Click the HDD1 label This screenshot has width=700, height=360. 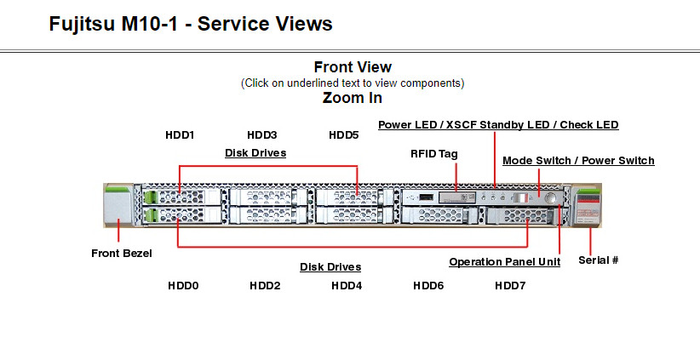point(180,134)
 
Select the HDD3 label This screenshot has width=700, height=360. point(262,134)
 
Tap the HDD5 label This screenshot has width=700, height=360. point(344,134)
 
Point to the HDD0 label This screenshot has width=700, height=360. point(183,285)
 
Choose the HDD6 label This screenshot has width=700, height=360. point(428,285)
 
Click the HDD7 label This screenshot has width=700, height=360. point(510,285)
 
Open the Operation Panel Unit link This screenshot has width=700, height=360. point(504,262)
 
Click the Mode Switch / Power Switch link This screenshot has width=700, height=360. point(578,161)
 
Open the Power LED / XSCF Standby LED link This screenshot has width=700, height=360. point(498,125)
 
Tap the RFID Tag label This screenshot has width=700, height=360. point(434,154)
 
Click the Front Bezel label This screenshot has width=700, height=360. point(122,254)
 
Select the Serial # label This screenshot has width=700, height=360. point(598,260)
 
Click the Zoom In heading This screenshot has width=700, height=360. point(353,98)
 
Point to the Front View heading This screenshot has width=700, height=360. point(353,67)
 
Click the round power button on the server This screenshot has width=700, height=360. point(551,197)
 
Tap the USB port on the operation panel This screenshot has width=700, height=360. point(427,197)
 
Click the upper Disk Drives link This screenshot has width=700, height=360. point(255,153)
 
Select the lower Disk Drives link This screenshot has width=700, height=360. point(330,267)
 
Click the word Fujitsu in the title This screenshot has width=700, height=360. point(82,24)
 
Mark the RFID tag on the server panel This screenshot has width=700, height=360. point(456,197)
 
